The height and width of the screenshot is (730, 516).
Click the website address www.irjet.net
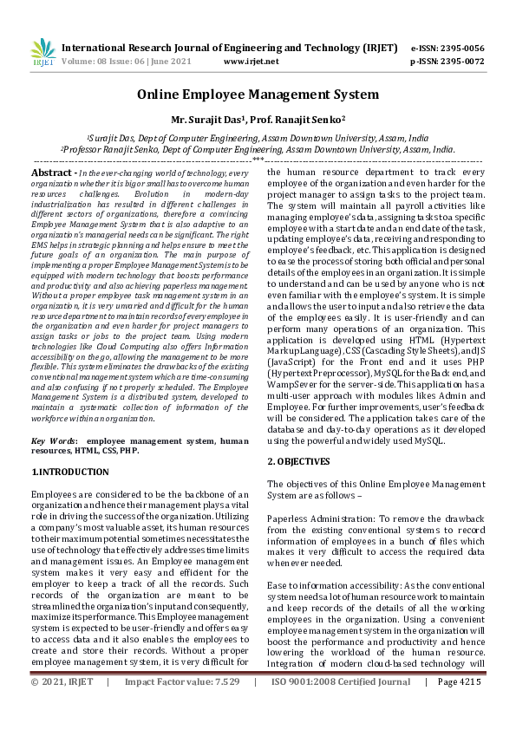[x=251, y=62]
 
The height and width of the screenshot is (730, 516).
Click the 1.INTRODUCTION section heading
[x=70, y=473]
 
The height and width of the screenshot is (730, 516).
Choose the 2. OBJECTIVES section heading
[x=298, y=462]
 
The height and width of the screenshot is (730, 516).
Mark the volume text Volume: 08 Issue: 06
[x=105, y=62]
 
